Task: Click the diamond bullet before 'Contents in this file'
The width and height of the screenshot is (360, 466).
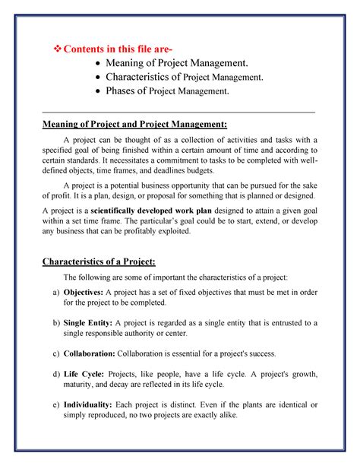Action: [x=55, y=51]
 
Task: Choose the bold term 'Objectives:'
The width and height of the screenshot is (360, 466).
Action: [x=77, y=292]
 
